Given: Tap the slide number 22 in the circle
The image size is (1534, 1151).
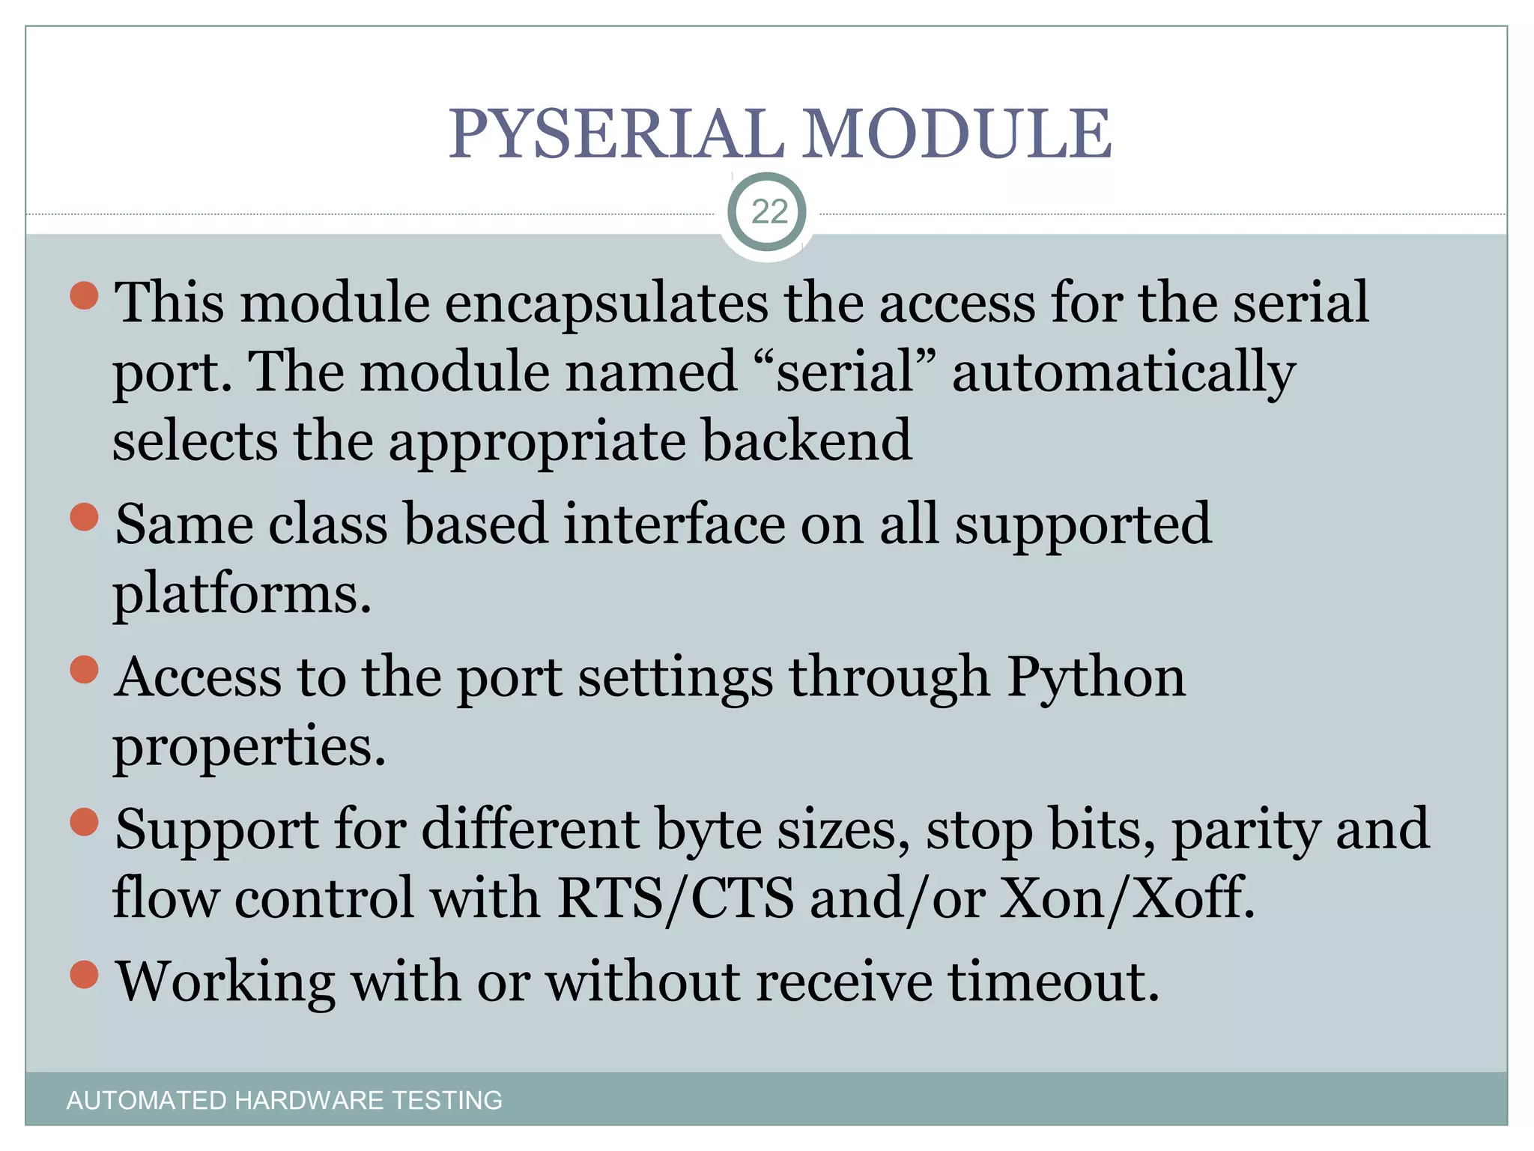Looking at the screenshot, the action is click(x=768, y=212).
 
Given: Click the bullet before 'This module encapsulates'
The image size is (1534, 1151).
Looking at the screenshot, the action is click(x=84, y=295).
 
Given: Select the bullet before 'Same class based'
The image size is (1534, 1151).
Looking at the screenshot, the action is click(x=84, y=517).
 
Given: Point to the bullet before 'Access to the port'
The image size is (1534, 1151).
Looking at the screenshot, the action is click(x=84, y=670).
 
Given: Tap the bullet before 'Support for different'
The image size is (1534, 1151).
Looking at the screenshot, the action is click(x=84, y=822).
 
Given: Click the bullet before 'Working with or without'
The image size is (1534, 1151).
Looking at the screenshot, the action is click(x=84, y=975).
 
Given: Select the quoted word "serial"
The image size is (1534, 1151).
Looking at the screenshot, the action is click(x=844, y=372).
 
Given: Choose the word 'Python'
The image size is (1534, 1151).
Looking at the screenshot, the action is click(x=1095, y=678).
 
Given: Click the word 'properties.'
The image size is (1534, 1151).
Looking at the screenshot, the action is click(x=249, y=748).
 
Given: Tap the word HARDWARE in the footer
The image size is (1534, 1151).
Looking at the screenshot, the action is click(x=309, y=1100).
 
